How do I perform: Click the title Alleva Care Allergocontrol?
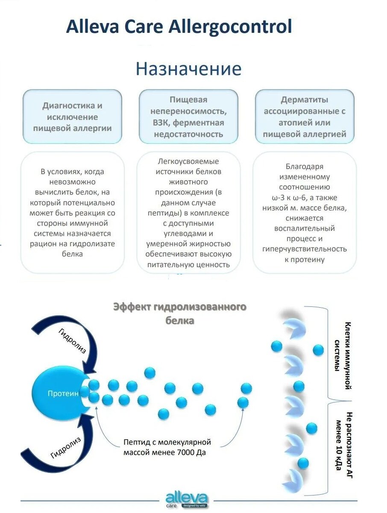179,27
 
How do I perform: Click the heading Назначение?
188,69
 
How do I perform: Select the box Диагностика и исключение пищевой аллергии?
72,117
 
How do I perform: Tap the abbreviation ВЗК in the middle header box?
156,123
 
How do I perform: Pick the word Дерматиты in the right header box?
304,100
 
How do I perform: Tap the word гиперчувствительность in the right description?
304,249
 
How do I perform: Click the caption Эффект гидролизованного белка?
180,313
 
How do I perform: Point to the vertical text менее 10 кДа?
339,445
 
